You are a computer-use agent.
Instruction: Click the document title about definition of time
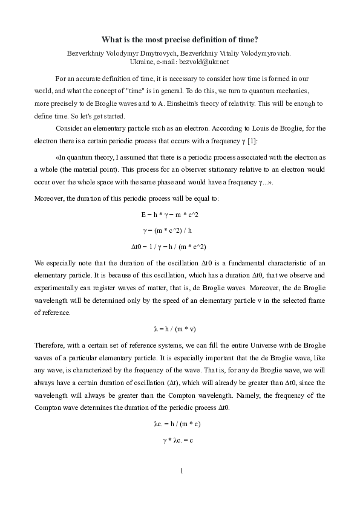click(180, 39)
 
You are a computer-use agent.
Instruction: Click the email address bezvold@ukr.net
click(208, 61)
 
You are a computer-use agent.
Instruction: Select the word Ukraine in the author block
click(142, 61)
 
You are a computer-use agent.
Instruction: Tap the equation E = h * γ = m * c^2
click(179, 215)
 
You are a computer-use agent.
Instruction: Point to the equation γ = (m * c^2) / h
click(179, 230)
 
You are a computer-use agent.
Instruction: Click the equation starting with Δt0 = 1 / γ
click(179, 246)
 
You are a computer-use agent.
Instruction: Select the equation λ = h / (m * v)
click(179, 329)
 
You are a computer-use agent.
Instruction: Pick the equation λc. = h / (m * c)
click(179, 424)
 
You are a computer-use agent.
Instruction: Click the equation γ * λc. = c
click(179, 440)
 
